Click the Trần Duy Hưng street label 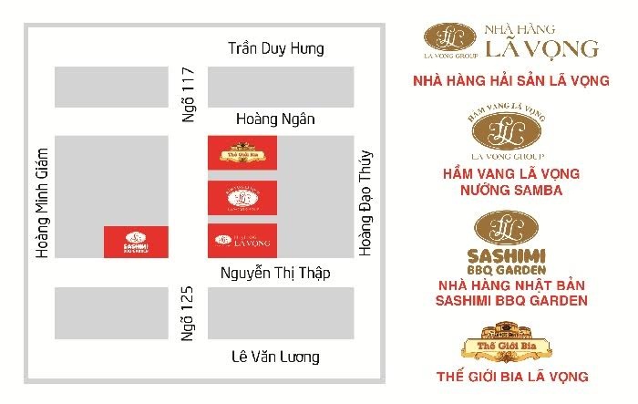(275, 48)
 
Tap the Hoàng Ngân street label (274, 119)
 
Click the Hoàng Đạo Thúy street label (365, 202)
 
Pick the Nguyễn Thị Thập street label (275, 274)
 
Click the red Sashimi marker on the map (135, 241)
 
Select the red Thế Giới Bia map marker (242, 150)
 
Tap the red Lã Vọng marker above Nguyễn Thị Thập (242, 240)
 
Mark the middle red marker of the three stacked (242, 195)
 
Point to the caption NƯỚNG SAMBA (510, 191)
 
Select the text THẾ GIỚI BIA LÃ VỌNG (510, 375)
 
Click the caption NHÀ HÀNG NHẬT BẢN (510, 285)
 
